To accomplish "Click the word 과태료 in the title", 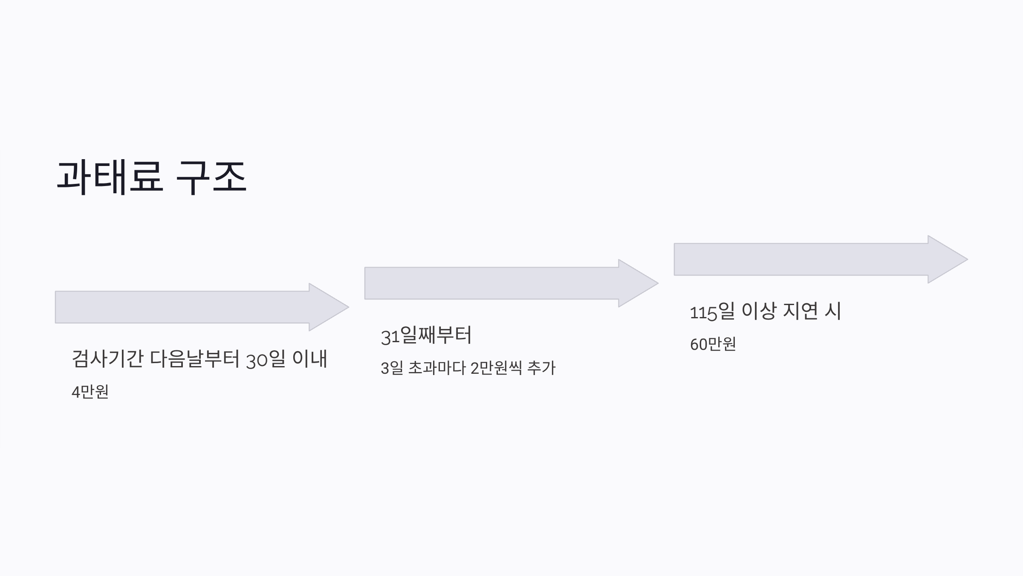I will [x=110, y=177].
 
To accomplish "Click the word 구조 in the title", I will [x=211, y=177].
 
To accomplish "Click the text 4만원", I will [x=90, y=392].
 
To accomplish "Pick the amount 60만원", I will [x=713, y=344].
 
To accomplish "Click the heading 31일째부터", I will [x=426, y=335].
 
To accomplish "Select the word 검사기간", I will [x=107, y=359].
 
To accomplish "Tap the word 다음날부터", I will [x=195, y=359].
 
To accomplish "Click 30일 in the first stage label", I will [x=266, y=359].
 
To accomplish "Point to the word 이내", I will [x=309, y=359].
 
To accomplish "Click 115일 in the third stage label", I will [x=712, y=311].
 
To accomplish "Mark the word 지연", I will [x=800, y=311].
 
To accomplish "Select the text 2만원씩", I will [x=496, y=368].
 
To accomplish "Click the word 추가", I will [x=541, y=368].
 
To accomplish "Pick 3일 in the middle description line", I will [x=391, y=368].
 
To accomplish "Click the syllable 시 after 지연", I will [x=832, y=311].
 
